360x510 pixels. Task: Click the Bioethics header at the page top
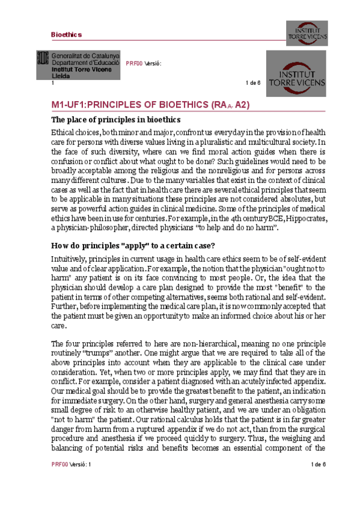(x=66, y=35)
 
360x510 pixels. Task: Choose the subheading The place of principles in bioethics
(x=116, y=119)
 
